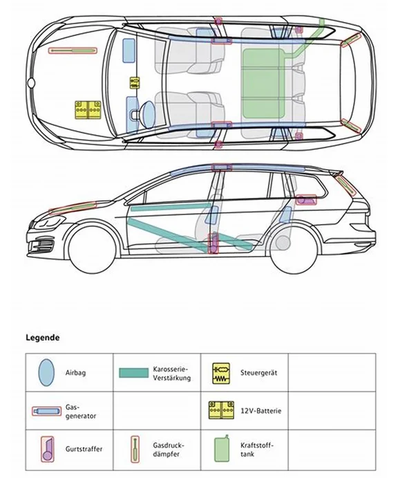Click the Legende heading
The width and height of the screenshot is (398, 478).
(x=43, y=338)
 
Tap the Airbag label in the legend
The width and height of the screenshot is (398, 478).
(x=75, y=373)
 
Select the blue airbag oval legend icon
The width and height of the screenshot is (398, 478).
(x=46, y=373)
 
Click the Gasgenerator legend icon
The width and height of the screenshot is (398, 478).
(x=46, y=411)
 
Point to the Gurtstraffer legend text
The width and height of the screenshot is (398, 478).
(x=84, y=449)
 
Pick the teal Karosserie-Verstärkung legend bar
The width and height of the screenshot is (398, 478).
(x=133, y=373)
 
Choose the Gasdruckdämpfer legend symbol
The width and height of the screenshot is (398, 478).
(x=135, y=449)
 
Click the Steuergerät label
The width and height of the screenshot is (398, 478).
(x=259, y=373)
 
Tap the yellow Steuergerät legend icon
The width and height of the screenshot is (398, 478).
(x=221, y=373)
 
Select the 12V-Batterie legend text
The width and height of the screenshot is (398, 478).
(x=261, y=411)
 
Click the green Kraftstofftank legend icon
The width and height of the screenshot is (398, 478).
(x=221, y=449)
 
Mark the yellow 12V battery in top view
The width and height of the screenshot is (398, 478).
(x=88, y=111)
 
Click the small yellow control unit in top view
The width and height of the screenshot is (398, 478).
(x=134, y=83)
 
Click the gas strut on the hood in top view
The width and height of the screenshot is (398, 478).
(x=73, y=50)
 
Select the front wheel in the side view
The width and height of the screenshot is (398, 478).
(x=93, y=250)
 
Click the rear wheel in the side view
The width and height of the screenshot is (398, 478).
(x=294, y=250)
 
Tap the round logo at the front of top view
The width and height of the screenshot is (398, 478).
(x=31, y=83)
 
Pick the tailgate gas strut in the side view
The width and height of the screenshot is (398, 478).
(x=345, y=184)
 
